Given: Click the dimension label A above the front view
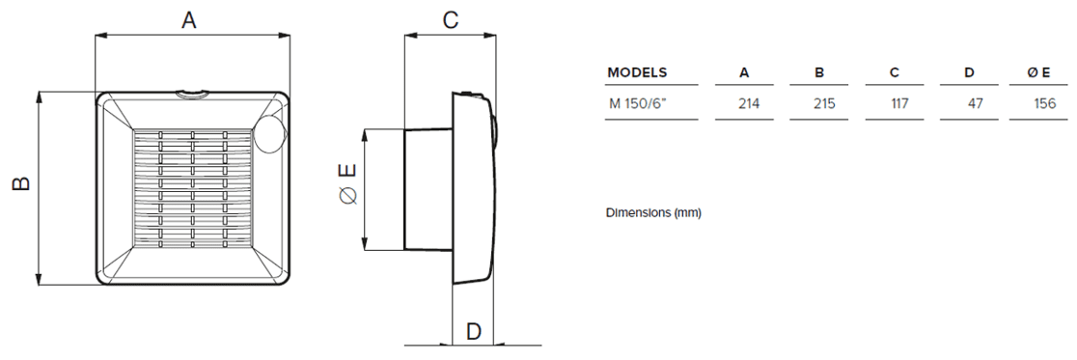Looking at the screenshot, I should (x=190, y=20).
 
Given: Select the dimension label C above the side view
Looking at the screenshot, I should (x=450, y=20).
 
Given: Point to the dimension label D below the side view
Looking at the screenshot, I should (x=474, y=331).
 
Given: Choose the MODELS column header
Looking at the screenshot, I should (x=637, y=72).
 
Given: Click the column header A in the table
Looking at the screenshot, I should (x=744, y=72).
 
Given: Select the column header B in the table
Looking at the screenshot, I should (x=819, y=72).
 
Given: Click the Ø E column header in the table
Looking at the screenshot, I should (x=1041, y=72).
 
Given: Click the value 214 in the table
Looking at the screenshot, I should (x=744, y=102).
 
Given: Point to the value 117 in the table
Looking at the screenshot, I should (x=898, y=102).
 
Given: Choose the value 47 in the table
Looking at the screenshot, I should (x=975, y=102).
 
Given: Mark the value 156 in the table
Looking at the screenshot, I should (x=1043, y=102).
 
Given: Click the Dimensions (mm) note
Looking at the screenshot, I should (x=653, y=211).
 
